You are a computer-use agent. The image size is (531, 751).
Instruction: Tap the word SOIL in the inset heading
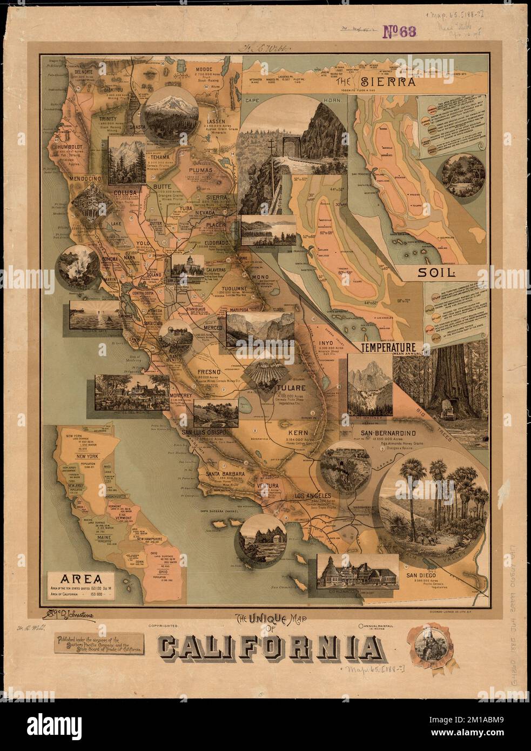pyautogui.click(x=435, y=272)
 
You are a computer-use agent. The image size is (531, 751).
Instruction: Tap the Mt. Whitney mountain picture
pyautogui.click(x=368, y=386)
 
